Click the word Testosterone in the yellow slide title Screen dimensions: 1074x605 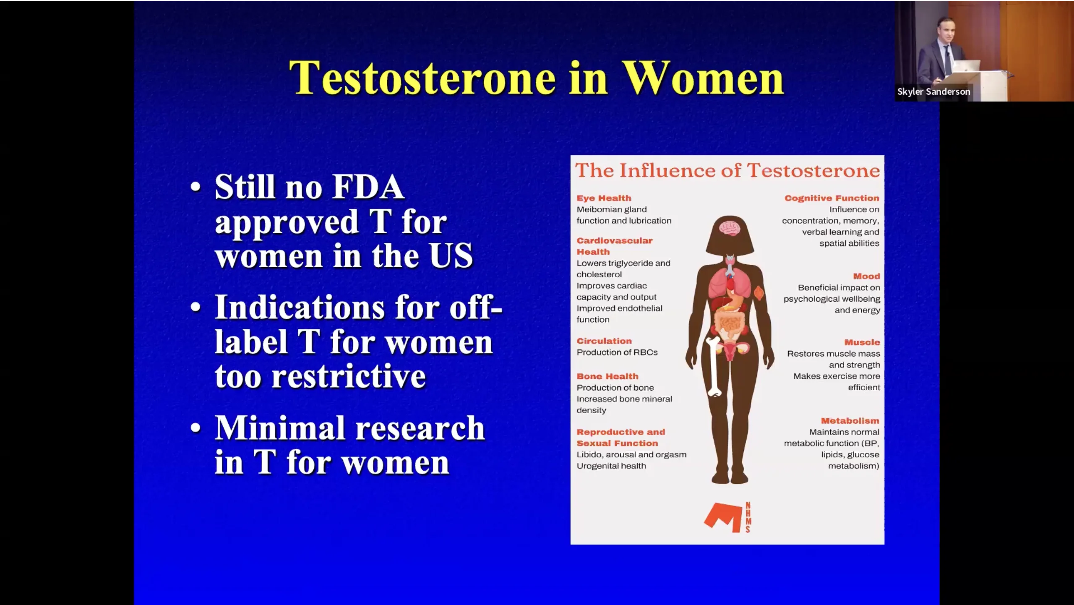click(x=423, y=78)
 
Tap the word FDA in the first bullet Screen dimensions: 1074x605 click(x=368, y=187)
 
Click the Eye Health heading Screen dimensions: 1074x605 click(x=604, y=198)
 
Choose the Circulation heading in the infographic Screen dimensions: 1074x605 click(x=604, y=341)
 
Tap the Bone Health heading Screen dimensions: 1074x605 click(x=607, y=376)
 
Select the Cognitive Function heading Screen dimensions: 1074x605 click(x=832, y=198)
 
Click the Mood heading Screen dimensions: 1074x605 click(x=866, y=276)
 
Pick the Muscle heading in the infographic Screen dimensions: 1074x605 click(x=862, y=342)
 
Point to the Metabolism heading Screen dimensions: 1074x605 click(x=850, y=421)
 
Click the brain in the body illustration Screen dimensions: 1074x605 click(x=730, y=228)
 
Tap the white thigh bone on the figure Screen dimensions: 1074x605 click(x=713, y=367)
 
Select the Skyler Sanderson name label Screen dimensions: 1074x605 click(x=933, y=91)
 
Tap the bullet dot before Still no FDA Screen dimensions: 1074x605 click(x=196, y=187)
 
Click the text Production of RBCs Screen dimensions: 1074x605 click(x=617, y=352)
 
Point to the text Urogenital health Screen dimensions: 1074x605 click(x=611, y=466)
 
